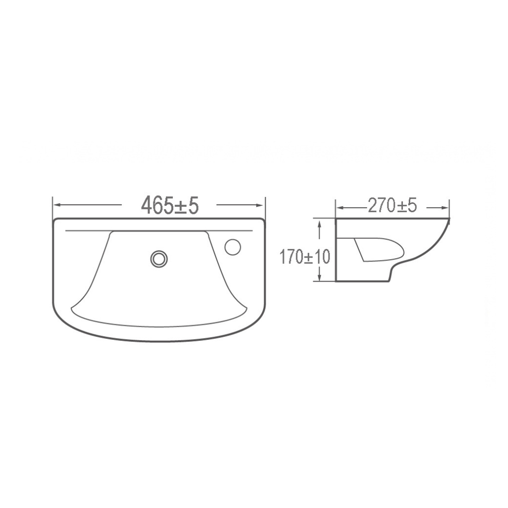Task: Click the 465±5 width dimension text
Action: (169, 205)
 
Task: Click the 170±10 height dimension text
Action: (304, 257)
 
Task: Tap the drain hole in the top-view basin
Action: (159, 258)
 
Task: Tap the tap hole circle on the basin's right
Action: (234, 246)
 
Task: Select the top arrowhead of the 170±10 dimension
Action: (319, 222)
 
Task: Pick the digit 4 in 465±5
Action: (148, 205)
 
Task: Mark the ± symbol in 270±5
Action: (399, 206)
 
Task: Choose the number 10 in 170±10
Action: (323, 257)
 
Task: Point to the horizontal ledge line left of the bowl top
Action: (86, 231)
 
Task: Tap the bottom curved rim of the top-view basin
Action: (159, 340)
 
